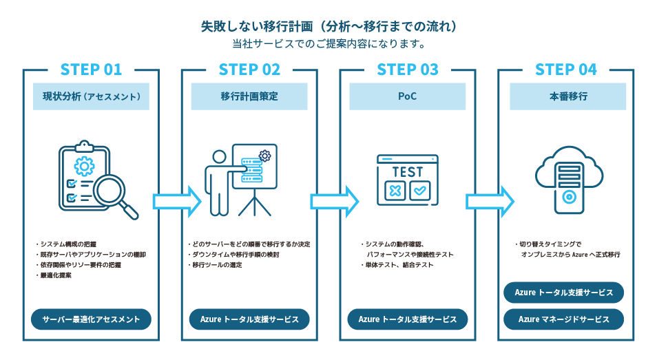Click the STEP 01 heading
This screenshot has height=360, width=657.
coord(91,70)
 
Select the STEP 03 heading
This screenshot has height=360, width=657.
coord(408,70)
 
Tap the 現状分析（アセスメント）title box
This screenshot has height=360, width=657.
coord(91,97)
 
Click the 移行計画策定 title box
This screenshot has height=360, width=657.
coord(249,97)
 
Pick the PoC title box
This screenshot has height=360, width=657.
coord(408,97)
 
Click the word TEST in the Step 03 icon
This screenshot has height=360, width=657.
coord(408,171)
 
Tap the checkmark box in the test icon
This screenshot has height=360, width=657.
coord(420,191)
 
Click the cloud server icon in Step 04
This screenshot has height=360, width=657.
coord(566,178)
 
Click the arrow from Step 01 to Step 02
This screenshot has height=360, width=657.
coord(176,201)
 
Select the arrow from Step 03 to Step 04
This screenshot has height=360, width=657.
coord(490,201)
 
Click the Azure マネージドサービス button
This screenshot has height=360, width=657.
coord(564,319)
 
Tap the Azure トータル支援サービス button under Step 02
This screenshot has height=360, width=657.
coord(249,319)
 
